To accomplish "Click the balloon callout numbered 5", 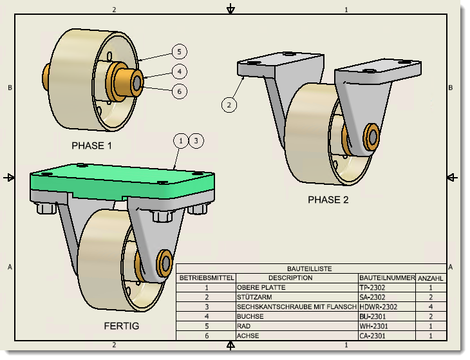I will click(180, 52).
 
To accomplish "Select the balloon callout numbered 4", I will click(180, 71).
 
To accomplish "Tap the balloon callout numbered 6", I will click(180, 91).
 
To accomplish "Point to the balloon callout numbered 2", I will click(229, 104).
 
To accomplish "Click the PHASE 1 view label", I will click(91, 146).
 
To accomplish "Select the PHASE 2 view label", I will click(328, 200).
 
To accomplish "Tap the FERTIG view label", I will click(121, 326).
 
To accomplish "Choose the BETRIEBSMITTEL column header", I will click(206, 278).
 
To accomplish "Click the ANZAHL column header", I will click(431, 278).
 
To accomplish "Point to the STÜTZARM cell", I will click(254, 298).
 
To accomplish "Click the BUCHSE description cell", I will click(251, 317).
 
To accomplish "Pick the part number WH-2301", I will click(375, 327).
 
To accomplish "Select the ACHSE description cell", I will click(249, 336).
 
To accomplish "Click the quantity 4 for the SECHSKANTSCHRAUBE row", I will click(431, 307).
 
